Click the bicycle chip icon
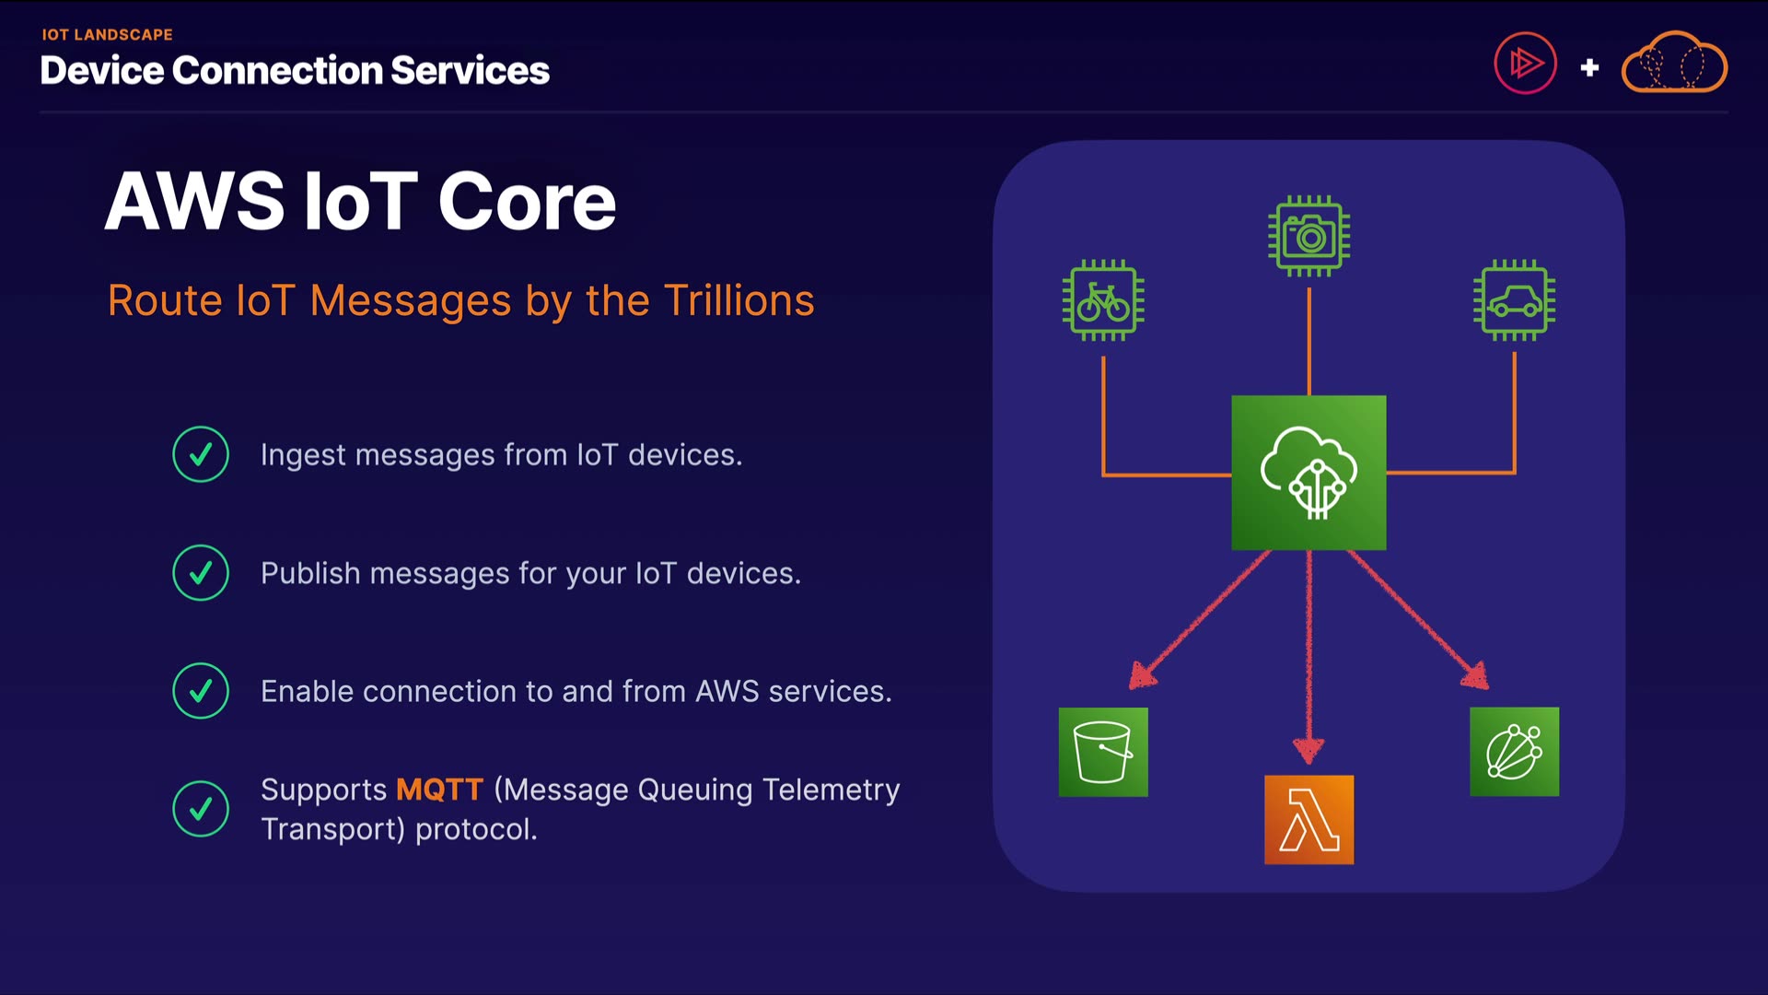coord(1103,300)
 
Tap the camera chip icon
coord(1309,236)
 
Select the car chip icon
coord(1514,300)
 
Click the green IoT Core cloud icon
coord(1309,473)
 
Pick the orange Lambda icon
coord(1309,819)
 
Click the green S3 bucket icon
coord(1103,752)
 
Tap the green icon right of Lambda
coord(1514,752)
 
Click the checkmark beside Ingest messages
coord(201,454)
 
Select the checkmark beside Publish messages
coord(201,573)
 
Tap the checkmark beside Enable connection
coord(201,691)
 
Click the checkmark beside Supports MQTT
coord(201,809)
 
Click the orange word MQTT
coord(439,790)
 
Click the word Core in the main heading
coord(527,202)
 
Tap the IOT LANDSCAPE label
coord(107,35)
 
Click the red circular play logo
coord(1525,64)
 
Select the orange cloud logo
coord(1673,64)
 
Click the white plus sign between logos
coord(1589,67)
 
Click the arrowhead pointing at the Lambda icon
coord(1309,751)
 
